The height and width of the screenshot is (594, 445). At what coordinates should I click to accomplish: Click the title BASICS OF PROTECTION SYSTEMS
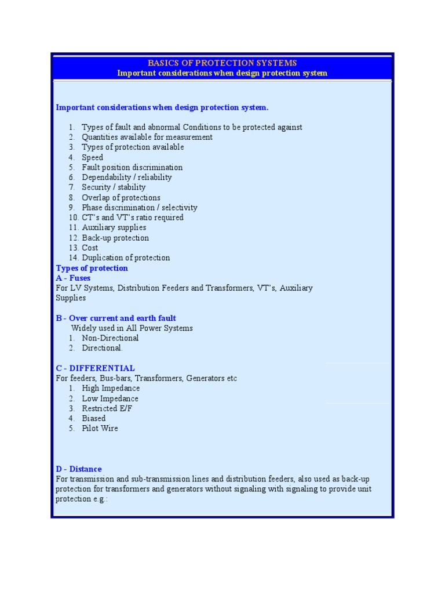222,63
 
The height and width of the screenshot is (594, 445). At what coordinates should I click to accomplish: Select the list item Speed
92,157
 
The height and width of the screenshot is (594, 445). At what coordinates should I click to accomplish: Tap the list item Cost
90,248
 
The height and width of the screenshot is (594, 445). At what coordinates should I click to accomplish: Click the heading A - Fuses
73,278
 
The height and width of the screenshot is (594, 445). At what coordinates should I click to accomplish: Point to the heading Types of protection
92,268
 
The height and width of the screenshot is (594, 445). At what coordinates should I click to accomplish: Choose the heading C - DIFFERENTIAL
95,368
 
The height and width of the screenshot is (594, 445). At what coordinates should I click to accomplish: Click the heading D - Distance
79,469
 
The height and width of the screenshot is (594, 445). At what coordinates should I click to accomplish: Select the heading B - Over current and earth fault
116,318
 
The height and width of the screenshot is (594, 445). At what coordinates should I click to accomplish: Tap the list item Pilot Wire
100,428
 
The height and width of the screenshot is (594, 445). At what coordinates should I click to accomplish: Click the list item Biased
94,418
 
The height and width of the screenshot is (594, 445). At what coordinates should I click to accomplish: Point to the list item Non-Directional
110,338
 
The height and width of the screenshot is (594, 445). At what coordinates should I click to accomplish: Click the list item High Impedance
111,388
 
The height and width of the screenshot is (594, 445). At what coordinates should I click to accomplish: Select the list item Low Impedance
110,399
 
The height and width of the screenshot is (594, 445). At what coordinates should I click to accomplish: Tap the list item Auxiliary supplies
114,227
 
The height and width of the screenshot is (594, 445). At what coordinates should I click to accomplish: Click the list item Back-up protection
115,238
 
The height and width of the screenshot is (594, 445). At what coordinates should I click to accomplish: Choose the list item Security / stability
114,187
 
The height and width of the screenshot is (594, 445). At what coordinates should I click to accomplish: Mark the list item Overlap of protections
121,197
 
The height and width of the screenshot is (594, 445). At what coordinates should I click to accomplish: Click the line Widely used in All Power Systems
132,328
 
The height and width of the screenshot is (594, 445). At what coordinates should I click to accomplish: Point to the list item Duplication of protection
126,258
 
